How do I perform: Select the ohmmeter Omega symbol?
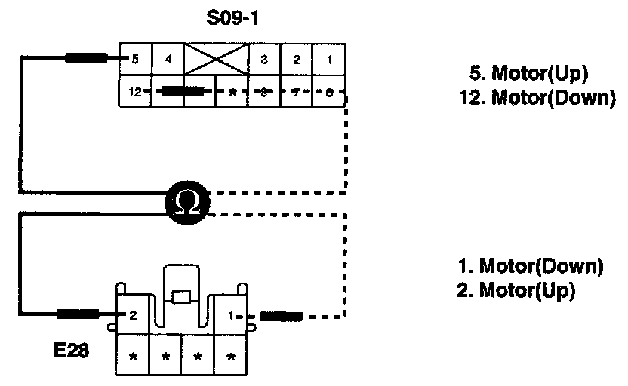click(x=185, y=200)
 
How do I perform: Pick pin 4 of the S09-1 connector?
click(x=169, y=59)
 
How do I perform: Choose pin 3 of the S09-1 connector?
click(x=263, y=59)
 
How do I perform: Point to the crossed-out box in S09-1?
click(x=217, y=59)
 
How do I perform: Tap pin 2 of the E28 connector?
click(x=132, y=314)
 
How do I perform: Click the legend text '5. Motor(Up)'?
click(x=528, y=74)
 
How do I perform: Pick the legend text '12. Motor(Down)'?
click(x=537, y=98)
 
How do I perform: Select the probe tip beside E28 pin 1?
click(x=281, y=315)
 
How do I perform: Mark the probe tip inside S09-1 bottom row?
click(x=182, y=92)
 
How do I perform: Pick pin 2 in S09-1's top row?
click(x=297, y=59)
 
